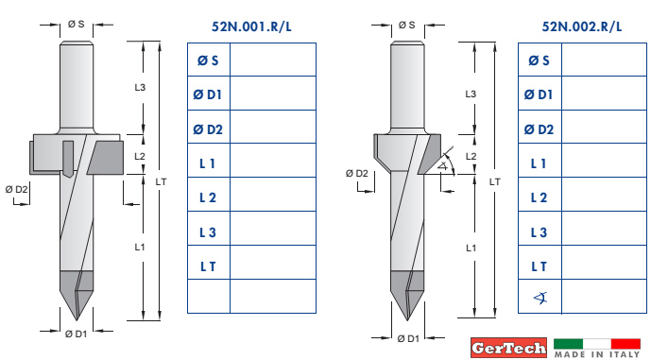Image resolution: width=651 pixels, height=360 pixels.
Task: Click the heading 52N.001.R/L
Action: coord(251,26)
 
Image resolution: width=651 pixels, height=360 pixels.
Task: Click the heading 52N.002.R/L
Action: coord(582,26)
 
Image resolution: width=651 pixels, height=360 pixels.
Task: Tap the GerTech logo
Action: coord(508,348)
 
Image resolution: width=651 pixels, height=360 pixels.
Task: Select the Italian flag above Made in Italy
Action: coord(597,344)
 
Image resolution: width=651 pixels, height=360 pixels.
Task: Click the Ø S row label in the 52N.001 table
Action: coord(208,60)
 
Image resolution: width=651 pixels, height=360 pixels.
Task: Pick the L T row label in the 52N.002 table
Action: coord(540,266)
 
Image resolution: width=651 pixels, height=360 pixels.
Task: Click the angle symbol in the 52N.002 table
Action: coord(540,298)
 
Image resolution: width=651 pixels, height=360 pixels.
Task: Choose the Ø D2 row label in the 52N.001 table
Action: coord(208,129)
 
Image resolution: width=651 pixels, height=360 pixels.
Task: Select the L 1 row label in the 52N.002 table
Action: coord(539,163)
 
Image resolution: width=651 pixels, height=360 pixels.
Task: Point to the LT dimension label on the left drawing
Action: coord(161,181)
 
